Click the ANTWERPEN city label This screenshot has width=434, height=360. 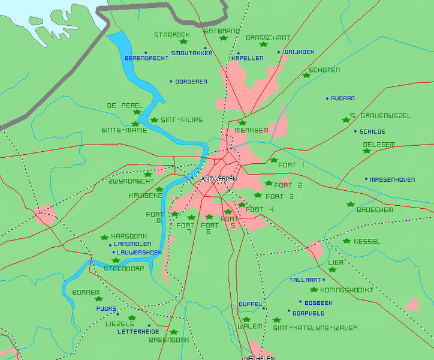pos(219,179)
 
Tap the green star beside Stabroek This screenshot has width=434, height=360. pos(183,42)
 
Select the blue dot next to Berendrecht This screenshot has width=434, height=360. pos(146,53)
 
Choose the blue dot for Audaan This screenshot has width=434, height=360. pos(327,98)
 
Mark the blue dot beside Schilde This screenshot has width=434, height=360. pos(355,131)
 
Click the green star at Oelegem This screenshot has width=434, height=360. pos(366,151)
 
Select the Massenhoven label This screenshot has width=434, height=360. pos(392,179)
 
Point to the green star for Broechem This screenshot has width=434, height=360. pos(351,205)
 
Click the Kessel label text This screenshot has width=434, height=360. pos(367,241)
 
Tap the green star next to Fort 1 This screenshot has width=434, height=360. pos(274,160)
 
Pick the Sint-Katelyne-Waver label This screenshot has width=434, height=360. pos(315,328)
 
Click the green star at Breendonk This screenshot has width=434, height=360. pos(174,332)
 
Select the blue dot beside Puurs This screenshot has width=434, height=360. pos(117,314)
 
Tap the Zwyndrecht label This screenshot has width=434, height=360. pos(131,181)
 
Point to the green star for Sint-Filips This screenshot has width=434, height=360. pos(154,120)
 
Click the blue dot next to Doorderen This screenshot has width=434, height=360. pos(171,81)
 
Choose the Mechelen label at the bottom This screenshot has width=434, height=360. pos(259,358)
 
